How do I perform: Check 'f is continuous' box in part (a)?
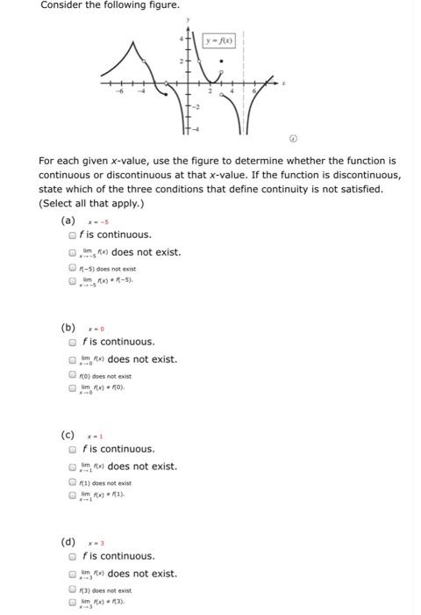click(x=73, y=235)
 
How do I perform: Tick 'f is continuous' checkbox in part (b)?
click(x=73, y=342)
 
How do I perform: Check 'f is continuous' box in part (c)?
click(x=73, y=449)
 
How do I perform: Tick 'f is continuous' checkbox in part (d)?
click(x=73, y=556)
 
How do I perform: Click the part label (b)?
click(x=68, y=328)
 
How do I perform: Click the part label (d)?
click(x=68, y=542)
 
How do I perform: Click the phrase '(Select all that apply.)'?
click(x=92, y=203)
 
